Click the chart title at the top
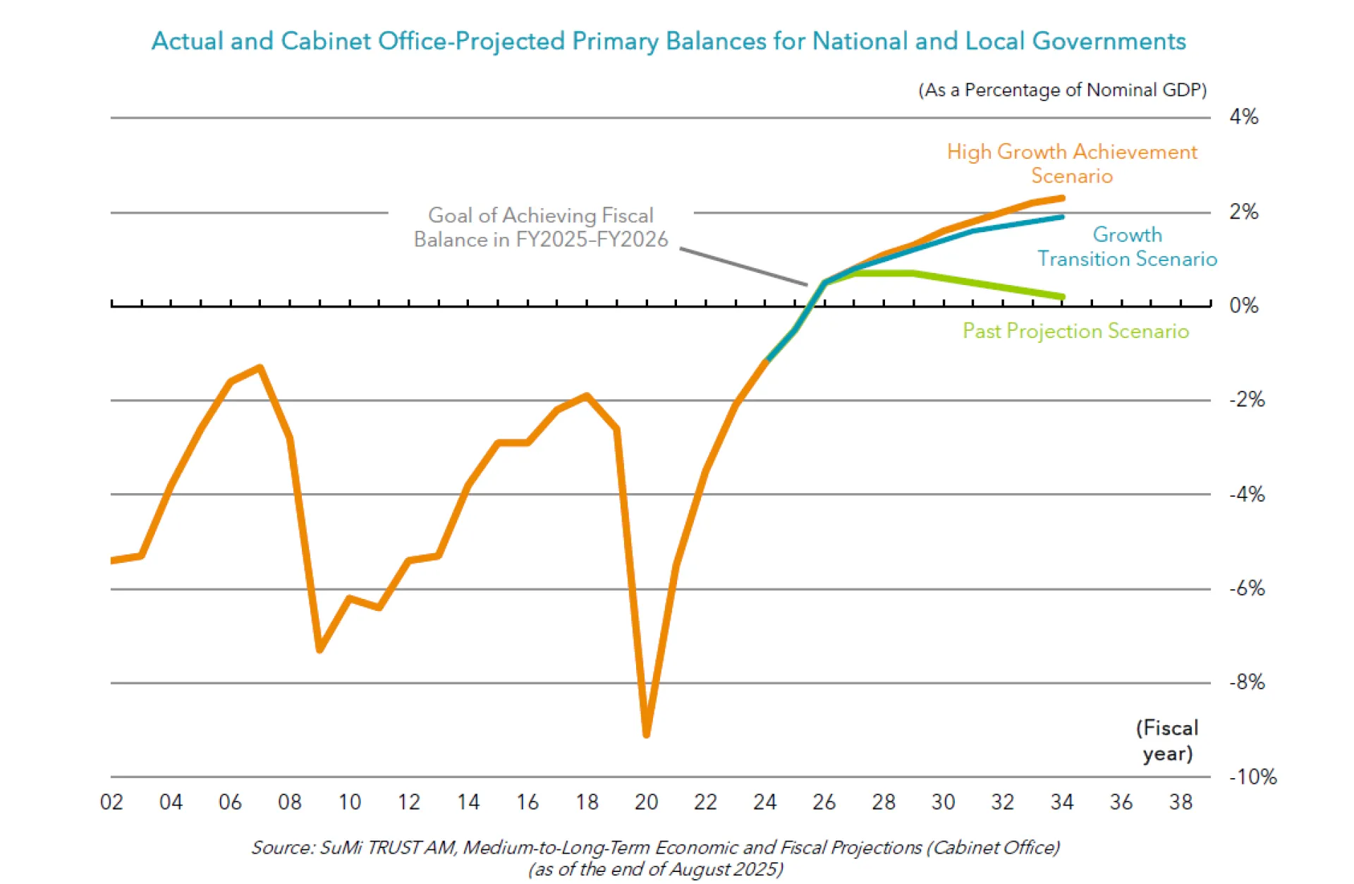click(669, 41)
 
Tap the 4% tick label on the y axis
click(1243, 117)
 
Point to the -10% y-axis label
click(1252, 777)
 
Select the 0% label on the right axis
click(1243, 305)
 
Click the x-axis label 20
click(646, 802)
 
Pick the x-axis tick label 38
click(1181, 802)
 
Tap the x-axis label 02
click(111, 802)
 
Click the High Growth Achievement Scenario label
click(1072, 164)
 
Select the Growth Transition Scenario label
click(1127, 247)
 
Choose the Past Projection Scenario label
click(1075, 331)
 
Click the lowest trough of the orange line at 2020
click(647, 734)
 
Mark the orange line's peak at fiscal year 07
click(260, 368)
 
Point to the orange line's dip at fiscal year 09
click(319, 649)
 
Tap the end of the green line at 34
click(1061, 297)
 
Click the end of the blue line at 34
click(1061, 217)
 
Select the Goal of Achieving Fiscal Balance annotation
click(540, 227)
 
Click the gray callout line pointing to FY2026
click(744, 267)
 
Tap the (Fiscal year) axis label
click(1167, 741)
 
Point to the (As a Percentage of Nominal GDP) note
click(1062, 90)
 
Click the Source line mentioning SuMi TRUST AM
click(656, 847)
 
